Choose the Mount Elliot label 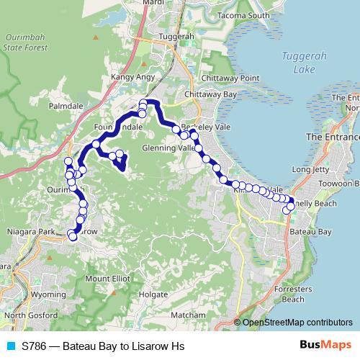(105, 279)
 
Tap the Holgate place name (153, 294)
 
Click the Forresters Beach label (292, 294)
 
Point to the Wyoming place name (49, 295)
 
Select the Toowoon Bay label (337, 184)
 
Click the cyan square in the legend (10, 346)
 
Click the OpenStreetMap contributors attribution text (297, 323)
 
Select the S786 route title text (103, 346)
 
